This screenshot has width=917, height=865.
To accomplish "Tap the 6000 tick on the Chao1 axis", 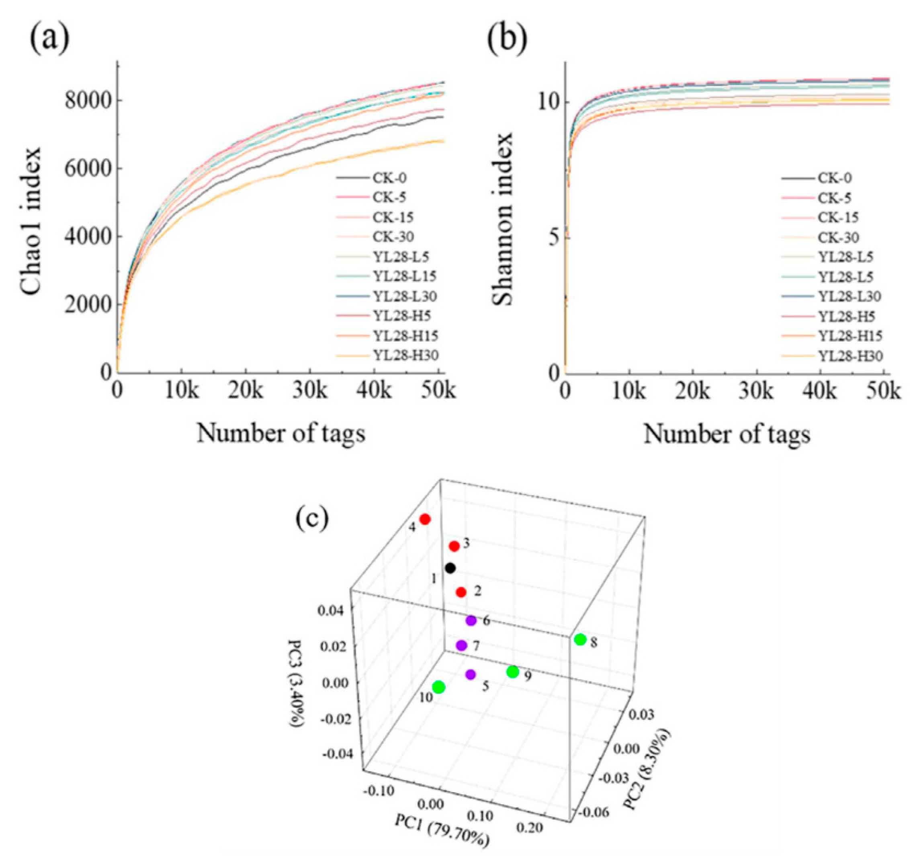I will click(x=87, y=169).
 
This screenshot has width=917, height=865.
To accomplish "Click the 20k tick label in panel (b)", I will click(x=693, y=391).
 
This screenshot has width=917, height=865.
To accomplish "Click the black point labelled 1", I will click(x=450, y=568).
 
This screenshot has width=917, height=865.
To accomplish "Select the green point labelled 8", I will click(x=580, y=639).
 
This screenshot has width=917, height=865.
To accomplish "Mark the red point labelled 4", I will click(x=425, y=519).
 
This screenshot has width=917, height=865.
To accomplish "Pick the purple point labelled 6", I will click(x=471, y=620).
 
